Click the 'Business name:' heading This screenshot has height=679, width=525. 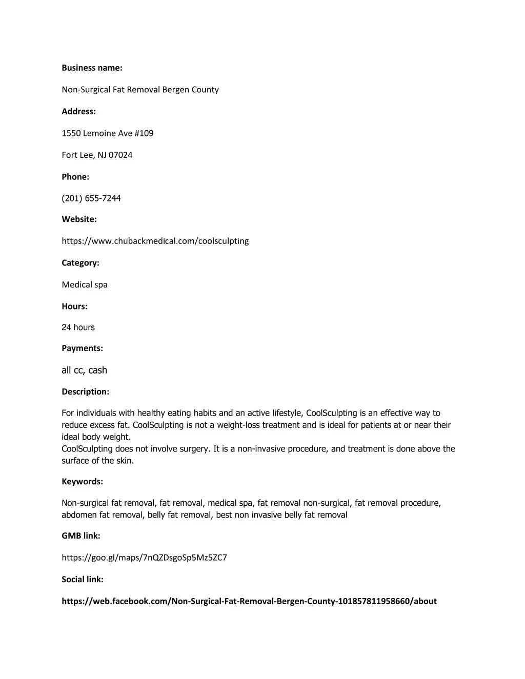(x=92, y=68)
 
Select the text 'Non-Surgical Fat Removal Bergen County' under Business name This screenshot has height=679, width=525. (x=140, y=90)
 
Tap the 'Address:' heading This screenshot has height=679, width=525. (x=78, y=111)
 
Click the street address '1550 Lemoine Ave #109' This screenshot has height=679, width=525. (x=108, y=133)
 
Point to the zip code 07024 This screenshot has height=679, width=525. (x=120, y=155)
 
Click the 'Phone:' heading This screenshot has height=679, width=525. (x=75, y=177)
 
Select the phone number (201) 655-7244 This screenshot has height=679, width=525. (x=91, y=198)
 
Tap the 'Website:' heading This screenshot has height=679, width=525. (x=79, y=219)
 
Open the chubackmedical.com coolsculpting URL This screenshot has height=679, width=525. (x=155, y=241)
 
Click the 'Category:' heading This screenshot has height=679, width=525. (x=80, y=262)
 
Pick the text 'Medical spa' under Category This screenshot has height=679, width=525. (x=85, y=284)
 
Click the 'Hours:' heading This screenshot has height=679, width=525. (x=74, y=306)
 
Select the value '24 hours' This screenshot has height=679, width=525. (x=78, y=327)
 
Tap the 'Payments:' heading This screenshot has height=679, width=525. (x=82, y=348)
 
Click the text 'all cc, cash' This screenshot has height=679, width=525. (x=84, y=370)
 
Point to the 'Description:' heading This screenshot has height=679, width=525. (x=85, y=392)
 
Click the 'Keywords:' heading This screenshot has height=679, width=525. (x=82, y=481)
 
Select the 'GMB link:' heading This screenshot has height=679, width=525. (x=80, y=536)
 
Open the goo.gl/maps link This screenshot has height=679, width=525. (x=144, y=558)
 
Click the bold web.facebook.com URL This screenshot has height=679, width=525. (x=249, y=601)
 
